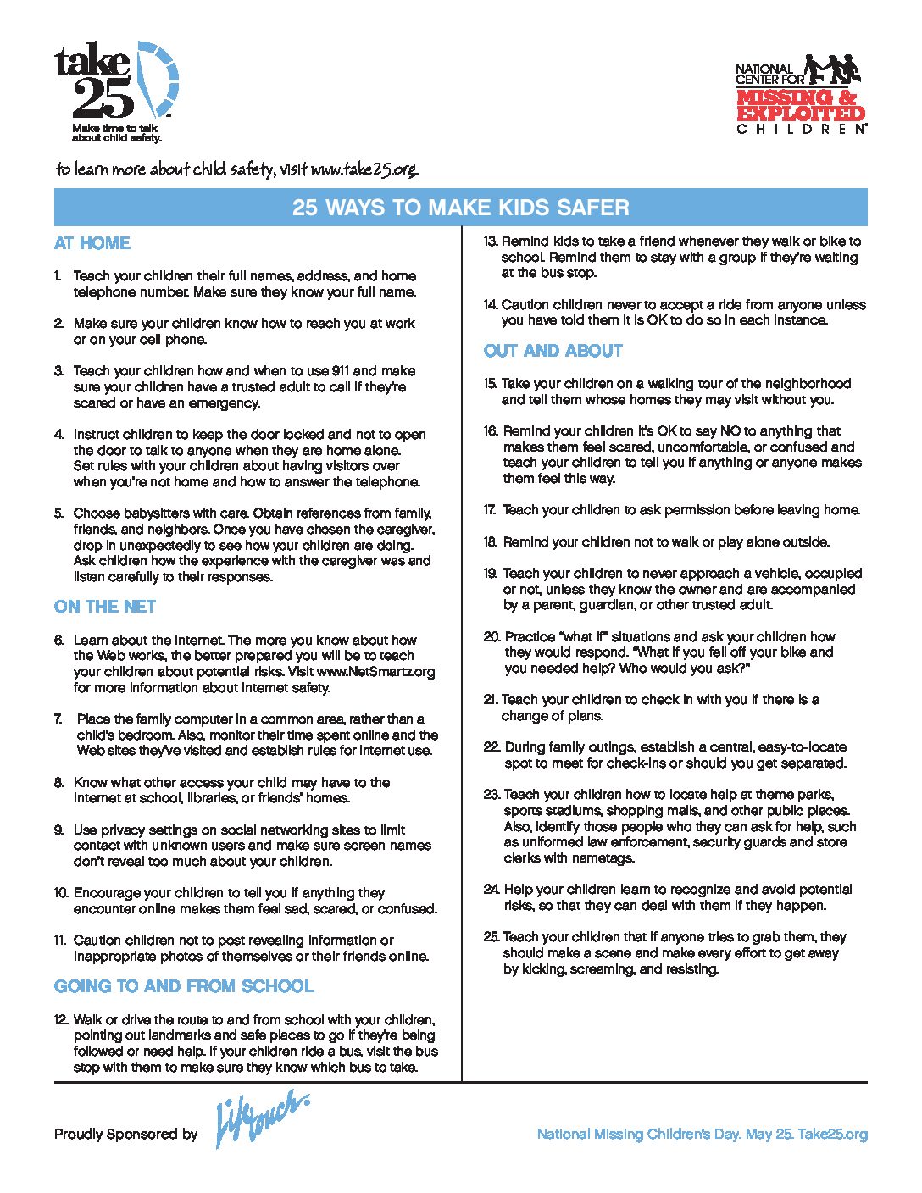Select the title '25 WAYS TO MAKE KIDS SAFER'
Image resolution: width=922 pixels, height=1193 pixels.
pyautogui.click(x=460, y=208)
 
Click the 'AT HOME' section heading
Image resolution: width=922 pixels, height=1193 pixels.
pyautogui.click(x=92, y=243)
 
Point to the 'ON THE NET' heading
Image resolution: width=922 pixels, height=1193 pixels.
pyautogui.click(x=105, y=607)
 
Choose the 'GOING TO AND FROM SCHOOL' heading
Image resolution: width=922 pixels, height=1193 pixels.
pyautogui.click(x=184, y=986)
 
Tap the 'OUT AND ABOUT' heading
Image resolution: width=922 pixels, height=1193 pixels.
pyautogui.click(x=553, y=351)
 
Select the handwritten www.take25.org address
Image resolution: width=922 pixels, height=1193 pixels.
pyautogui.click(x=364, y=169)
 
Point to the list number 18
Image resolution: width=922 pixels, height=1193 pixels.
pyautogui.click(x=490, y=542)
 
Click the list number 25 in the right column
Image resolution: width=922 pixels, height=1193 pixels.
pyautogui.click(x=492, y=937)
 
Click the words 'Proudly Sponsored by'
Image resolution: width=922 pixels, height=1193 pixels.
pyautogui.click(x=125, y=1134)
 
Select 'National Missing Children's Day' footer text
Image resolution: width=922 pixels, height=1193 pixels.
pyautogui.click(x=638, y=1134)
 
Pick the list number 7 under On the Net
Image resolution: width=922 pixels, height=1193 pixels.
pyautogui.click(x=59, y=719)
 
